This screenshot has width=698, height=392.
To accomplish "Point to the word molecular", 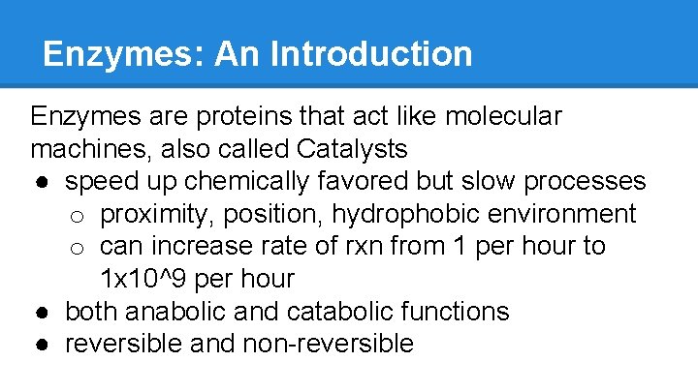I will [x=503, y=117].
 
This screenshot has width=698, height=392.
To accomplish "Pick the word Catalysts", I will [x=353, y=149].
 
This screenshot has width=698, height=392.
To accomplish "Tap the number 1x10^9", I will [x=144, y=279].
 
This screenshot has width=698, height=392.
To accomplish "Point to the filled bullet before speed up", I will [x=46, y=183].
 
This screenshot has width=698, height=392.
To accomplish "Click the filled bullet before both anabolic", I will [x=46, y=313].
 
